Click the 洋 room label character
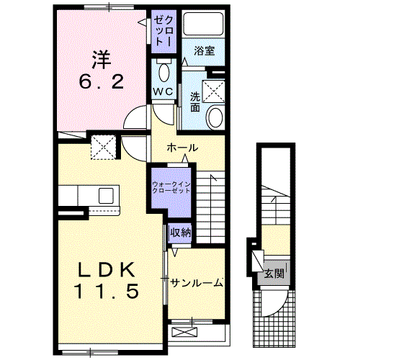pos(102,60)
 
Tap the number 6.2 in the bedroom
pos(102,81)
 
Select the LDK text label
pos(107,270)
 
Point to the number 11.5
pos(107,291)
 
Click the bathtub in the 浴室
pos(203,23)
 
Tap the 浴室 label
pos(204,51)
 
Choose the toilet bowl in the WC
pos(164,73)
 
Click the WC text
pos(164,91)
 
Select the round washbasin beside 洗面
pos(215,117)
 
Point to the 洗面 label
pos(195,102)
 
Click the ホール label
pos(182,148)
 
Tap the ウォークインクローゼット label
pos(171,187)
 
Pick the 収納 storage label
pos(180,233)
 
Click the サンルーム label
pos(197,283)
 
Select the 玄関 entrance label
pos(274,274)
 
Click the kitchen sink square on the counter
pos(106,196)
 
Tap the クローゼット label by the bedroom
pos(164,31)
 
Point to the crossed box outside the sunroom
pos(184,332)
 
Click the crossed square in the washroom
pos(213,91)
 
